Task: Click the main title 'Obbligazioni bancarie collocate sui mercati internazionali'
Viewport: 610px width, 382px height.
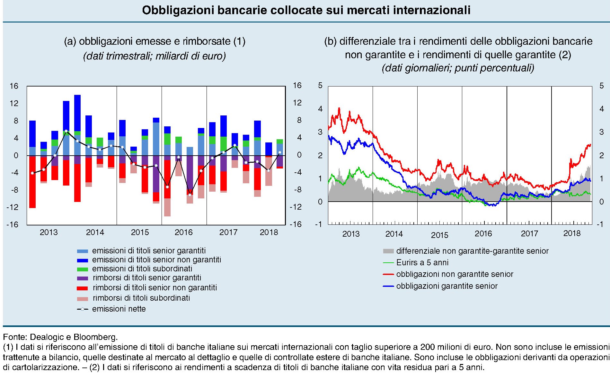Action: click(306, 10)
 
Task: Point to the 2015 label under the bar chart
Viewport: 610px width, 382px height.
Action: click(140, 232)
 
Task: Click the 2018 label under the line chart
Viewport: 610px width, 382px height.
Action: click(572, 233)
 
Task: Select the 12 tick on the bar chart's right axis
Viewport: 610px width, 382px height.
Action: click(297, 103)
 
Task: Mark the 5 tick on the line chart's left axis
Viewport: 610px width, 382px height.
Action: click(320, 86)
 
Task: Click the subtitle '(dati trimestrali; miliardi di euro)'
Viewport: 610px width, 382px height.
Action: click(154, 56)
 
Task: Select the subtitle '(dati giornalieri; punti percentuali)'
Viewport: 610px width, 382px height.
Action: click(458, 68)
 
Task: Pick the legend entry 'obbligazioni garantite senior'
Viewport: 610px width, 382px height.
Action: click(447, 286)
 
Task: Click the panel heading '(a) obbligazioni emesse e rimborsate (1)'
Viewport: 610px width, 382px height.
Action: click(155, 41)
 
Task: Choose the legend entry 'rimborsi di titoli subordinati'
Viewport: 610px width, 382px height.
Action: click(141, 298)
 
